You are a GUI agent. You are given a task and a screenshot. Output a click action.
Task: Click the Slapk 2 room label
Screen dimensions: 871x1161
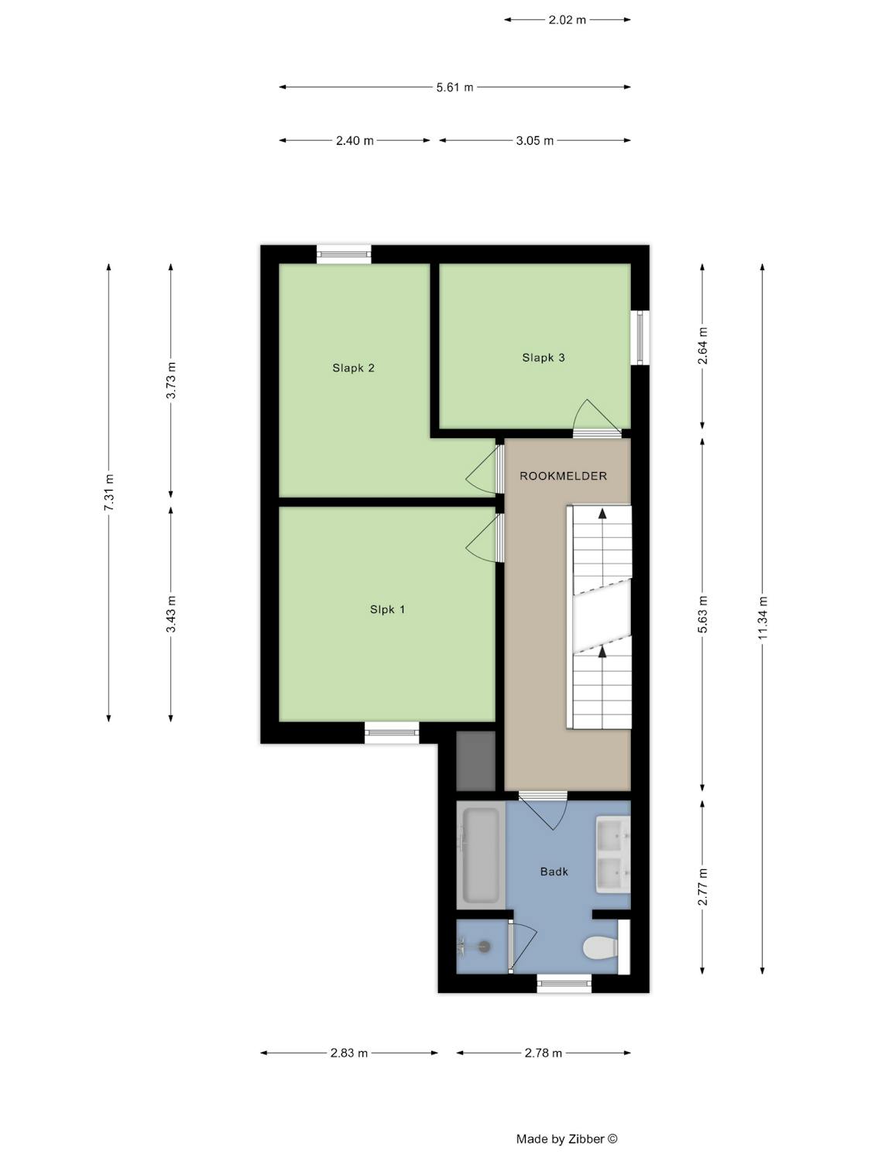click(x=353, y=368)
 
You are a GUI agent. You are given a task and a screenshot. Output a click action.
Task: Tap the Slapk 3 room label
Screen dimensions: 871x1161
click(x=544, y=358)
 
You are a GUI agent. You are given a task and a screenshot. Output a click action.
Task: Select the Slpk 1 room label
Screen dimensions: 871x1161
click(x=387, y=609)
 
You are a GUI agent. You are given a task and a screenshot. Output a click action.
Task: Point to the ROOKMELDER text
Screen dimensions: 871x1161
click(x=563, y=476)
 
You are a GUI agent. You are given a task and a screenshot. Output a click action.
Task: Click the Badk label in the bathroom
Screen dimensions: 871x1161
click(x=554, y=872)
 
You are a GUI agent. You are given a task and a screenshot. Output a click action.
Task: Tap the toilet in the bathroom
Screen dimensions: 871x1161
click(x=600, y=947)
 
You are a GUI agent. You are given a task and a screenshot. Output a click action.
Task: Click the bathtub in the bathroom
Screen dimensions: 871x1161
click(x=481, y=855)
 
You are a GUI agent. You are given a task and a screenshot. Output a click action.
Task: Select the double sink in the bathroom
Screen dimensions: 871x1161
click(x=613, y=854)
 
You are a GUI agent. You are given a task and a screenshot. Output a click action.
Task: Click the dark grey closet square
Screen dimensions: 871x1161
click(x=475, y=761)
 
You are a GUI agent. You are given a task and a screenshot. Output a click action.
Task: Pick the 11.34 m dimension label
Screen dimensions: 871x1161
click(x=762, y=617)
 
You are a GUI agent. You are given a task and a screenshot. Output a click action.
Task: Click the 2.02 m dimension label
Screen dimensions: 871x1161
click(x=567, y=20)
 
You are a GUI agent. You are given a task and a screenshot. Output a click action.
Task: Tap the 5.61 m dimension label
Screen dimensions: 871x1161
click(x=454, y=87)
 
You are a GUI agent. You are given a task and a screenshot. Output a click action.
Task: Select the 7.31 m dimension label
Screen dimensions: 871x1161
click(x=109, y=492)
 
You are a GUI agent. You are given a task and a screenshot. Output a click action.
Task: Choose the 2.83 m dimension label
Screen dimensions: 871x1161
click(x=348, y=1053)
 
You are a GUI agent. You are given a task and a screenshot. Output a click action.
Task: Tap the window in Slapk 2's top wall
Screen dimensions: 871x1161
click(x=344, y=255)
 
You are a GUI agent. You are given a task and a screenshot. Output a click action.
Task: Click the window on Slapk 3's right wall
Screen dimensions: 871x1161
click(x=640, y=337)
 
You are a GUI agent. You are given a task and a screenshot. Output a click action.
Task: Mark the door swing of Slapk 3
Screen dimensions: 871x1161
click(x=596, y=419)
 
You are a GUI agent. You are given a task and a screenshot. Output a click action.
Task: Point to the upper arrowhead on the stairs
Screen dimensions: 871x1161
click(x=602, y=512)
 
